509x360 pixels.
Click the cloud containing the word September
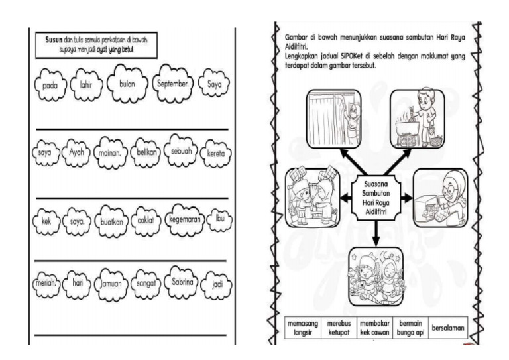173,85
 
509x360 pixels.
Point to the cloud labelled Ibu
217,219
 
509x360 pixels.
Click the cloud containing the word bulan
127,85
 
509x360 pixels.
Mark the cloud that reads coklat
146,220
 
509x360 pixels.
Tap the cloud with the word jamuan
109,284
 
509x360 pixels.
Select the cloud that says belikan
146,152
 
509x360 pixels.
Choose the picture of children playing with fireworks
376,272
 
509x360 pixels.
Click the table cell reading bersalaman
447,328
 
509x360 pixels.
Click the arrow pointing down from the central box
376,230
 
